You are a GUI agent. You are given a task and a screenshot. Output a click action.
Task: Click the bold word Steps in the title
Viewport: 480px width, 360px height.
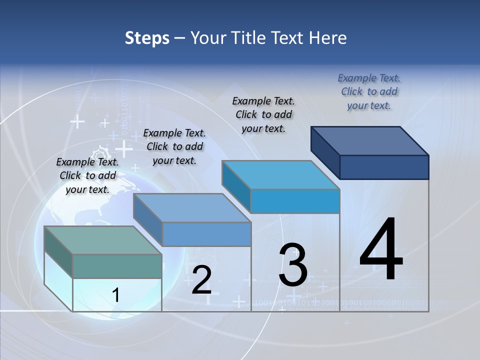147,38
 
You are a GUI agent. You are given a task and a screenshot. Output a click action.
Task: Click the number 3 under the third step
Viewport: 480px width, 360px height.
293,266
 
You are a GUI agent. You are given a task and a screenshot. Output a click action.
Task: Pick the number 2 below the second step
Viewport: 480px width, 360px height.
202,280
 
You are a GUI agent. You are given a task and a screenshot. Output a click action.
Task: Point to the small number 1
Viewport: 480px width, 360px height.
115,295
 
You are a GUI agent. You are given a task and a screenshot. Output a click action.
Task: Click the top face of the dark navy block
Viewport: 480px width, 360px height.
370,140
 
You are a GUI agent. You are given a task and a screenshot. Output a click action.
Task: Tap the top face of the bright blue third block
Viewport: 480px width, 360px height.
281,175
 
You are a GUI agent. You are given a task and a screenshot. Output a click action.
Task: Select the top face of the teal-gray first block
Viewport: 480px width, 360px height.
102,240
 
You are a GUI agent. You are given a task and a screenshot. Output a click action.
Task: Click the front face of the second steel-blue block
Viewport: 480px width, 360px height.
206,234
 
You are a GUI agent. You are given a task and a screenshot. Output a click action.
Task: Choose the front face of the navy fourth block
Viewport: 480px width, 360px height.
384,167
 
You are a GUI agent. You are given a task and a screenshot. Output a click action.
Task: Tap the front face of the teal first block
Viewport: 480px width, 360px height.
117,266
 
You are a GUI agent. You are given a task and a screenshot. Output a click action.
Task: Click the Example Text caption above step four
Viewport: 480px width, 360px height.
369,91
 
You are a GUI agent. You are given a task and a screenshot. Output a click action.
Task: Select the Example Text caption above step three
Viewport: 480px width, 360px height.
263,114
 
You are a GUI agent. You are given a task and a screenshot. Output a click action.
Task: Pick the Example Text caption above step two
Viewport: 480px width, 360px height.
174,146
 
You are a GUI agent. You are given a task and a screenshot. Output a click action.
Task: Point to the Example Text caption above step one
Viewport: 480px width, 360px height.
87,175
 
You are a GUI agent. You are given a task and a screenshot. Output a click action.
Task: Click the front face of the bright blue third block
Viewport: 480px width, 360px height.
295,201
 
